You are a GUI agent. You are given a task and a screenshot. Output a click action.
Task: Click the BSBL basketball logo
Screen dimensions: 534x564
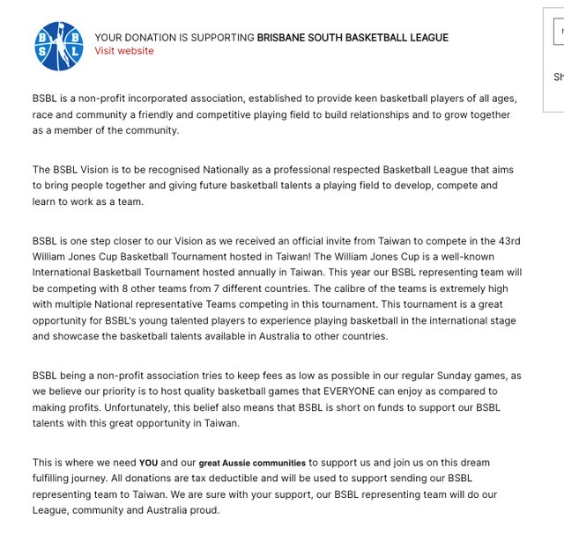(59, 46)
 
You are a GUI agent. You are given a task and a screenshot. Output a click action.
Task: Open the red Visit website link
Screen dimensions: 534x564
(124, 51)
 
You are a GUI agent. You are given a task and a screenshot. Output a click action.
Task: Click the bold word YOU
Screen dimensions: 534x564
(148, 463)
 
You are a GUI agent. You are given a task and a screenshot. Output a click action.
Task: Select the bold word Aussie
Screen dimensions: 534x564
(238, 463)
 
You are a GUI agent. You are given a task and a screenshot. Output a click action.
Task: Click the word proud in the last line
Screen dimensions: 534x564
(202, 510)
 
